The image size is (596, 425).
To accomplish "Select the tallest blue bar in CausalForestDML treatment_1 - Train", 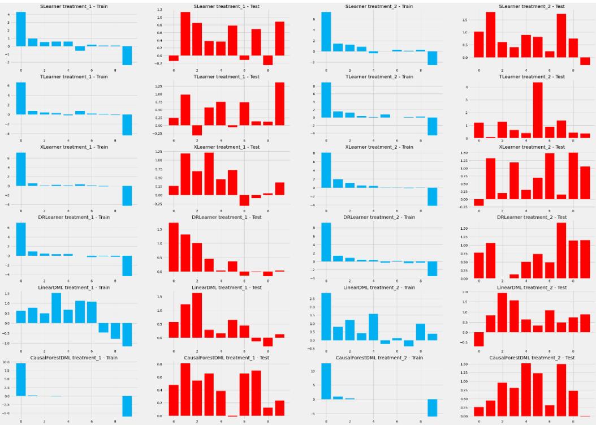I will (x=21, y=379).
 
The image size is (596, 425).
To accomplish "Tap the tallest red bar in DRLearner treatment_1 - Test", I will (x=174, y=247).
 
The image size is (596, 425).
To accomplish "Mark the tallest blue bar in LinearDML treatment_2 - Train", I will (x=326, y=316).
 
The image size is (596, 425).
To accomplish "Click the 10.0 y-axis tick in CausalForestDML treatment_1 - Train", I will (x=6, y=362).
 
